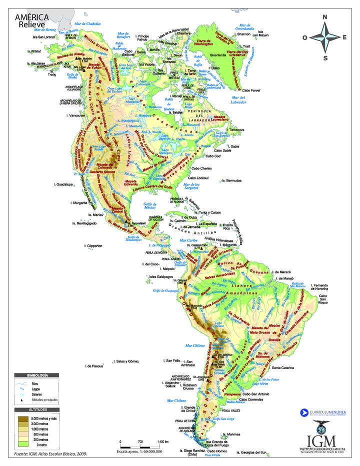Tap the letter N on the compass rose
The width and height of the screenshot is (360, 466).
(x=324, y=17)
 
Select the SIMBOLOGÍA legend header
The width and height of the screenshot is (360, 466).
(x=37, y=374)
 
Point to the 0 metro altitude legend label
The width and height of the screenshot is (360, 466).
(x=38, y=443)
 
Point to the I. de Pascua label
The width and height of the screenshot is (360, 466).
(x=94, y=366)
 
